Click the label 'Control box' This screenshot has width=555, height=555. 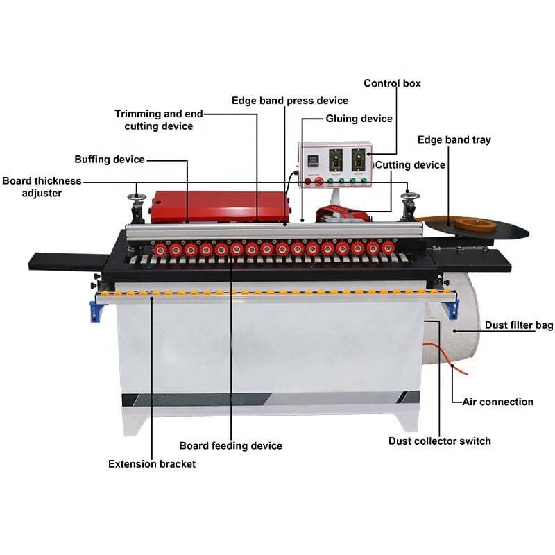pos(392,83)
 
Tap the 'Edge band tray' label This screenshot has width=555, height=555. pos(454,139)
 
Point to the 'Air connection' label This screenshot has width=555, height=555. pos(497,402)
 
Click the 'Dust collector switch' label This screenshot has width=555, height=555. pos(439,441)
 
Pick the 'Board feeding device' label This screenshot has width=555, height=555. pos(230,445)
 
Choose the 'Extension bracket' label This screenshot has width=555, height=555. pos(151,463)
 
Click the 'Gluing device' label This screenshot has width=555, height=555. pos(359,119)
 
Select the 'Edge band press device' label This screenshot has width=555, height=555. pos(290,101)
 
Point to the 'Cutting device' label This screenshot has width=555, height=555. pos(410,164)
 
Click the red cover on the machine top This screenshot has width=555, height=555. pos(219,204)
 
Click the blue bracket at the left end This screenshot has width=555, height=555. pos(95,310)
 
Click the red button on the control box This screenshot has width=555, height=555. pos(319,181)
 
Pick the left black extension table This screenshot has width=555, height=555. pos(66,262)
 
